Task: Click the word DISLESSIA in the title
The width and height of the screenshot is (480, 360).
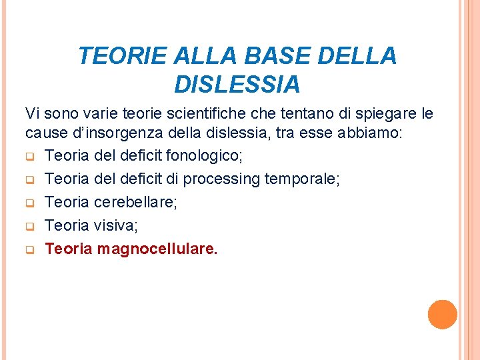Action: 237,85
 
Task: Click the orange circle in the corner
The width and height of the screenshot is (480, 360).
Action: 443,314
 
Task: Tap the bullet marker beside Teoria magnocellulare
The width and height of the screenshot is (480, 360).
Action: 30,251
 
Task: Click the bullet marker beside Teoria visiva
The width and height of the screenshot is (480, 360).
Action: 30,227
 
